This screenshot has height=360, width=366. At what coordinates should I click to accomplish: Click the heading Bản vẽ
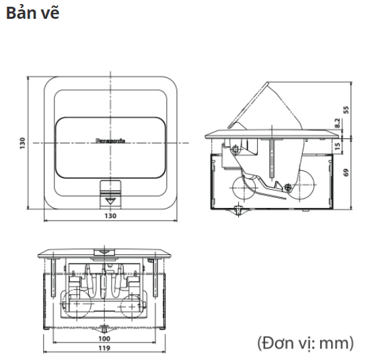point(32,13)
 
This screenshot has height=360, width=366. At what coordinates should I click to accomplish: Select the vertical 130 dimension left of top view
point(22,143)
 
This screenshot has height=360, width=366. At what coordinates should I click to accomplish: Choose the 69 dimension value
point(346,172)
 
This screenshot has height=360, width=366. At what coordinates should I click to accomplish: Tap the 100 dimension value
point(104,339)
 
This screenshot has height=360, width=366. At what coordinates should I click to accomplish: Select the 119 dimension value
point(104,349)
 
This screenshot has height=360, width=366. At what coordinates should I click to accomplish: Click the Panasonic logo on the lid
point(110,142)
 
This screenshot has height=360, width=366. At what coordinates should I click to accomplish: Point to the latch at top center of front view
point(104,254)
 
